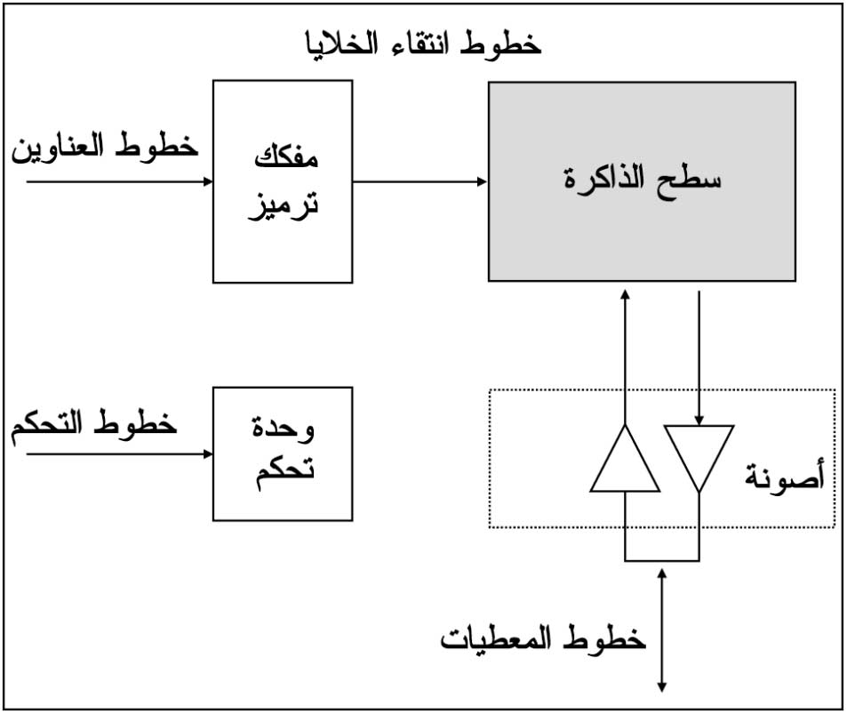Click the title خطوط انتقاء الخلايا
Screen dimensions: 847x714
coord(423,44)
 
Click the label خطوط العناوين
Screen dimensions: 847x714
coord(105,146)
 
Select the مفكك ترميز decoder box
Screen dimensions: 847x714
coord(283,181)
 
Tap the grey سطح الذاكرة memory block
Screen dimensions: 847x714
coord(642,181)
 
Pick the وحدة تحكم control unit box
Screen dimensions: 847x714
coord(283,454)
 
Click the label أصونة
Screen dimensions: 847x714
coord(784,475)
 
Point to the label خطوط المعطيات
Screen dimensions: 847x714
coord(543,638)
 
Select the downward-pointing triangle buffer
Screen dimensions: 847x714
coord(699,457)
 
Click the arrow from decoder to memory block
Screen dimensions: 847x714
coord(420,181)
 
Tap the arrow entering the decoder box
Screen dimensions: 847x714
coord(119,181)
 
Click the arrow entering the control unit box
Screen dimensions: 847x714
coord(119,454)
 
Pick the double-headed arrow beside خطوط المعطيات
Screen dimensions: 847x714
coord(662,630)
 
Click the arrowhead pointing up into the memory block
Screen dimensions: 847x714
coord(625,294)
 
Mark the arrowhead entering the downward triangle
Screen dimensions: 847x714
coord(699,420)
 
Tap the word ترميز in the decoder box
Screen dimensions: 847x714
coord(284,206)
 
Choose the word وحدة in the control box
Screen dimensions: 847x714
coord(283,428)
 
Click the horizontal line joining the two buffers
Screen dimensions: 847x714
coord(662,560)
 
